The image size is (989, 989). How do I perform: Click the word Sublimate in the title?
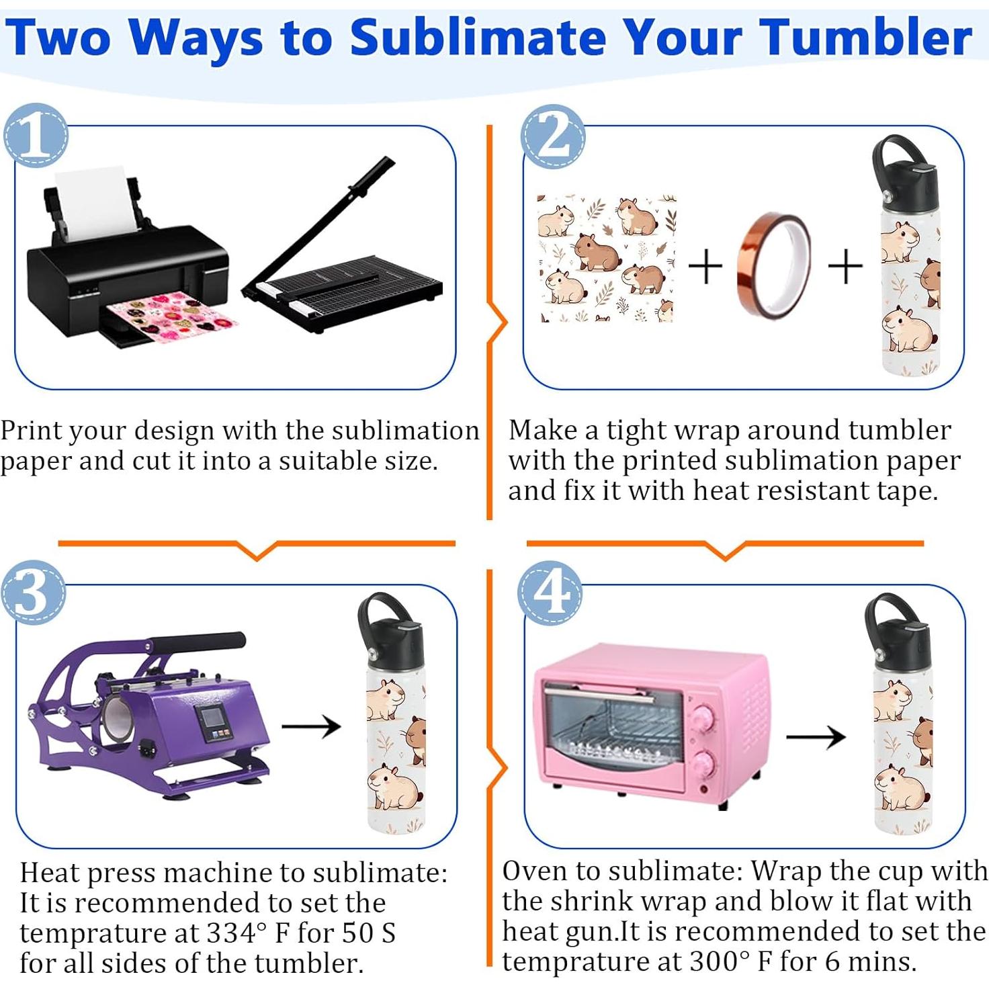pos(479,37)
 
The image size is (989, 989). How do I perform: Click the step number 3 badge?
pos(34,592)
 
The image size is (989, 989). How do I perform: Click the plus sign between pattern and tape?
pos(705,266)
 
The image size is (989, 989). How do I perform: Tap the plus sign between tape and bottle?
pos(845,266)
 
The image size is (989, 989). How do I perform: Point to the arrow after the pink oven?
pos(816,736)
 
